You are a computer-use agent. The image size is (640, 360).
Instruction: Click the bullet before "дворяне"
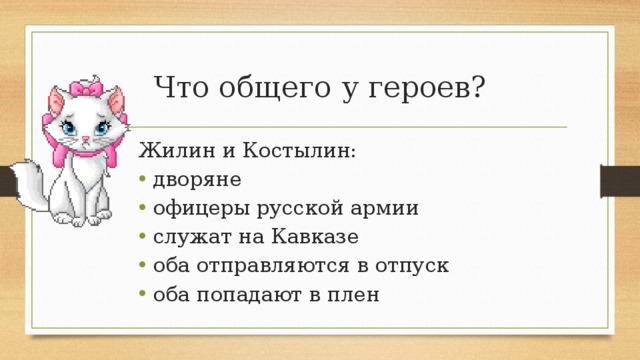[144, 181]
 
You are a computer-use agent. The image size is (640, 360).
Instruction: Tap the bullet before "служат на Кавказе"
[144, 238]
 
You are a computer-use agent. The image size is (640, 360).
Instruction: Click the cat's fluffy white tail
[35, 200]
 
